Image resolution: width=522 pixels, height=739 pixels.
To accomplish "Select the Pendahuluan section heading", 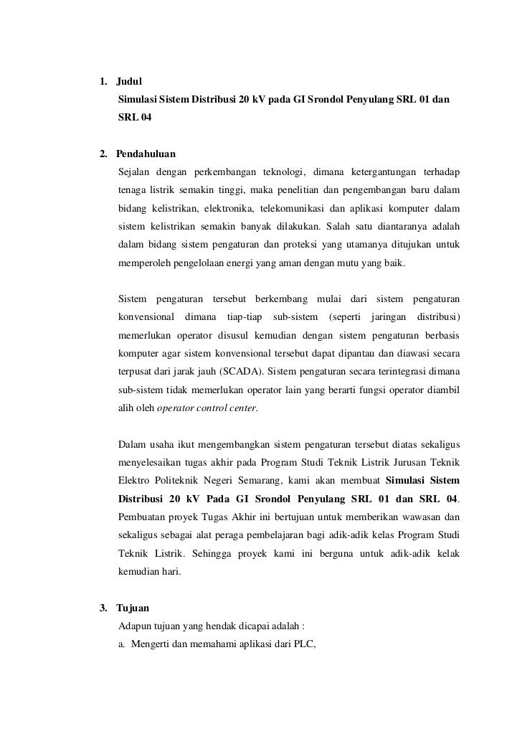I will coord(146,154).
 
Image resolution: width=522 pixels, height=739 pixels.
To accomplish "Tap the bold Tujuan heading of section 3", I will coord(133,608).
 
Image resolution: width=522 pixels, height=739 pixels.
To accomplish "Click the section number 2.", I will coord(103,154).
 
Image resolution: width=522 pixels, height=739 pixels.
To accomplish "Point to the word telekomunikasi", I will coord(291,210).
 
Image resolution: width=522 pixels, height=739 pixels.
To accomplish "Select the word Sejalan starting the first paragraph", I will coord(135,172).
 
